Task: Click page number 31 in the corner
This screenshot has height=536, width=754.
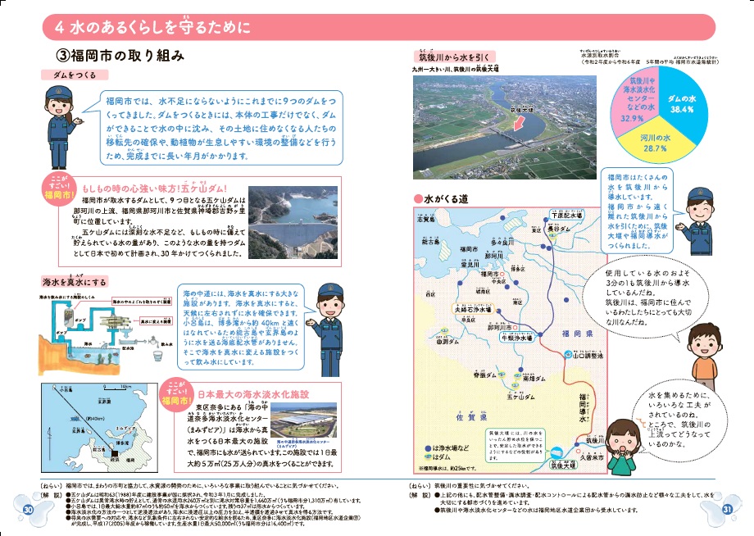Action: click(726, 511)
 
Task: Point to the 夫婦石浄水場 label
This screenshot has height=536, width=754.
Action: click(474, 310)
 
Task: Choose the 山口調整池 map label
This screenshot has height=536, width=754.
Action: click(588, 356)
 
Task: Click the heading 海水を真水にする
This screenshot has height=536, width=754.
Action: click(75, 282)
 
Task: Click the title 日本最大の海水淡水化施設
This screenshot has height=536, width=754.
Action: click(253, 394)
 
